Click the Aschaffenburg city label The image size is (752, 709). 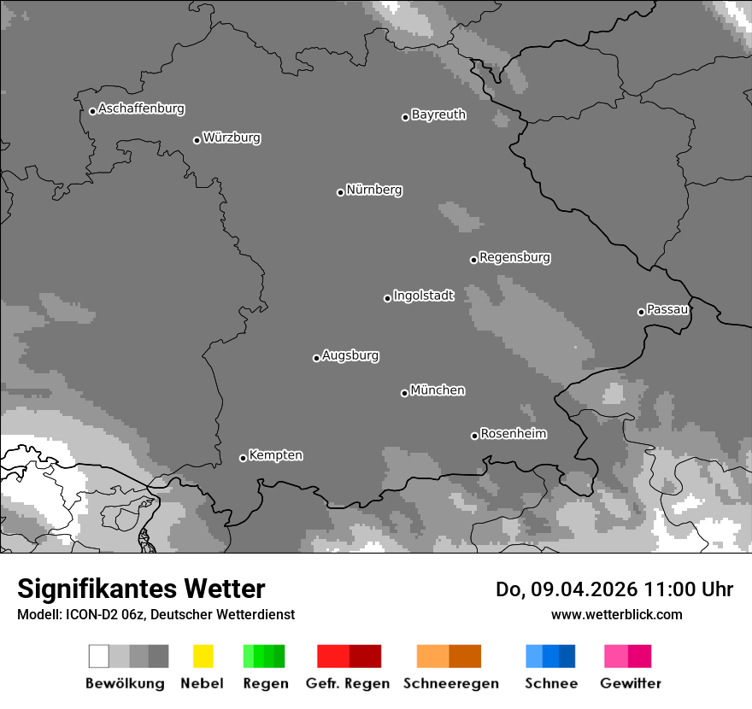(x=141, y=108)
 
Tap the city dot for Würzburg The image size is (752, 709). (x=197, y=140)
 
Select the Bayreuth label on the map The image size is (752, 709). (x=438, y=114)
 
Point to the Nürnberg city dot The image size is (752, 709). (x=340, y=192)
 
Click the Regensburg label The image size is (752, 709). (x=514, y=257)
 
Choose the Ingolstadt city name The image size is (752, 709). (x=424, y=296)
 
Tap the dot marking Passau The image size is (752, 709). (x=641, y=312)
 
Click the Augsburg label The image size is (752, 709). (x=350, y=355)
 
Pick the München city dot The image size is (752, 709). (x=404, y=393)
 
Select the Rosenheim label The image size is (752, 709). (x=513, y=433)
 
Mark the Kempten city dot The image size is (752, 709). (x=243, y=458)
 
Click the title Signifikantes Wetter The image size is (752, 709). (x=141, y=589)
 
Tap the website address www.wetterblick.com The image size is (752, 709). (x=617, y=614)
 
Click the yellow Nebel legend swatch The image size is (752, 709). (x=203, y=656)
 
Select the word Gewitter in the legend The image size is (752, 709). (x=631, y=683)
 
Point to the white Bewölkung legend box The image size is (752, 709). (x=99, y=656)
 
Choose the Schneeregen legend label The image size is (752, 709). (x=450, y=683)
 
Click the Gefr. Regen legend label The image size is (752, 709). (x=349, y=683)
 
